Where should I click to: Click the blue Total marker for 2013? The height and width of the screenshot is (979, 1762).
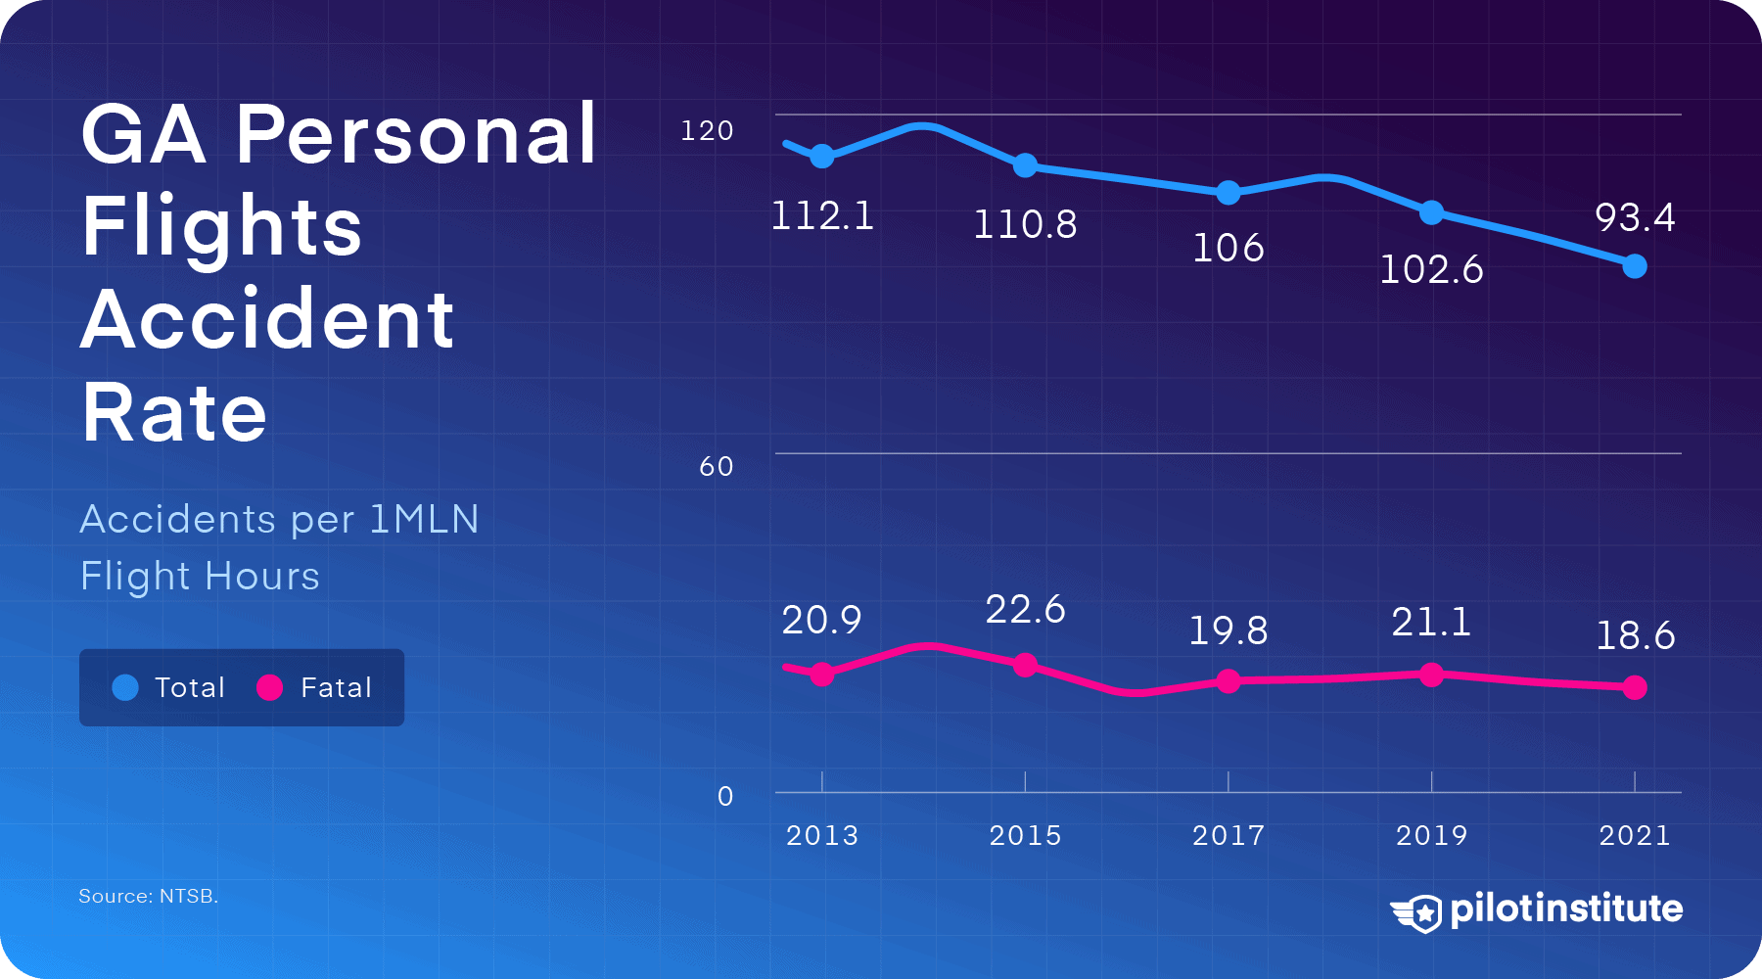pos(822,156)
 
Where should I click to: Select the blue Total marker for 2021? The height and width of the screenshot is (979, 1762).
pos(1634,266)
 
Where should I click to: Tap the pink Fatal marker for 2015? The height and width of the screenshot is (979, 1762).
pos(1025,666)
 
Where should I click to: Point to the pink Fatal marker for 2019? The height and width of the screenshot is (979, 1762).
pos(1431,675)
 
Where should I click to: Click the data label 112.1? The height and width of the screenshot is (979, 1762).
pos(822,216)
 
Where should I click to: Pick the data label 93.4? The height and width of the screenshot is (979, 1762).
pos(1634,217)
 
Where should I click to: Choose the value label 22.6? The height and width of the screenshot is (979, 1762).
pos(1025,610)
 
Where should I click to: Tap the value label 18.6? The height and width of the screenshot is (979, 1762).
pos(1635,636)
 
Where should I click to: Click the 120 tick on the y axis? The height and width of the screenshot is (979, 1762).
pos(707,130)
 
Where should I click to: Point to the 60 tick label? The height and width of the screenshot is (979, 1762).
pos(716,466)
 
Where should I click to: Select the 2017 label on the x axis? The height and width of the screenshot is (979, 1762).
pos(1229,835)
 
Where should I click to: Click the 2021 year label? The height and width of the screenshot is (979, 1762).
pos(1634,835)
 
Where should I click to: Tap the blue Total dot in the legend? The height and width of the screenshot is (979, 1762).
pos(125,688)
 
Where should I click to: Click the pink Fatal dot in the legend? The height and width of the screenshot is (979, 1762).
pos(269,688)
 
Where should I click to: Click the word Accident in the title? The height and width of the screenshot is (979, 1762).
pos(267,320)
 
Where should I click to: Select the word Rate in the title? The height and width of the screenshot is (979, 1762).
pos(174,413)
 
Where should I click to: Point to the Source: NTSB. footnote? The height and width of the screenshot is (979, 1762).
pos(148,896)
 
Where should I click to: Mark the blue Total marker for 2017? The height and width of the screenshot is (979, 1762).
pos(1229,193)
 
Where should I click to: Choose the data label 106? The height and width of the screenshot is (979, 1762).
pos(1229,249)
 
